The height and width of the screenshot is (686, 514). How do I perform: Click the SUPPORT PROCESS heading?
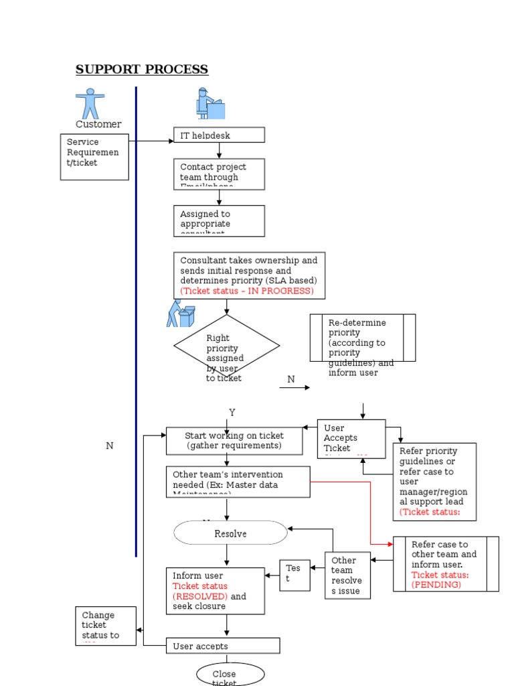(141, 70)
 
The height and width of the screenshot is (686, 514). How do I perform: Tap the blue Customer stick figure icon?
(90, 103)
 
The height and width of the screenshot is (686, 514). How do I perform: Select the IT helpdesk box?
(219, 135)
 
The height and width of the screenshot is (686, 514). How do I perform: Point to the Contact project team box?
(219, 174)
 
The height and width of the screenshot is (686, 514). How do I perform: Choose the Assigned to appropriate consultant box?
(219, 220)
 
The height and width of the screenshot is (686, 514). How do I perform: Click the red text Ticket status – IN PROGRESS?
(246, 291)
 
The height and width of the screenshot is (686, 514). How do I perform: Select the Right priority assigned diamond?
(226, 347)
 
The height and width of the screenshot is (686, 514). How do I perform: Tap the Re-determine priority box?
(362, 338)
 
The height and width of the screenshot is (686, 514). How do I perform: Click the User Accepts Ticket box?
(351, 439)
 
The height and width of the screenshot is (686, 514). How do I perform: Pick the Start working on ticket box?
(234, 441)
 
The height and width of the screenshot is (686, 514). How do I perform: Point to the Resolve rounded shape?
(230, 533)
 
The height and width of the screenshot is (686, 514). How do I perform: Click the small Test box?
(294, 575)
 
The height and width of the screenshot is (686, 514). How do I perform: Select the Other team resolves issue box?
(347, 575)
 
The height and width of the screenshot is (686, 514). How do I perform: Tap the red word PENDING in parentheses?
(436, 584)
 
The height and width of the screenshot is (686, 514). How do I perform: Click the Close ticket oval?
(230, 675)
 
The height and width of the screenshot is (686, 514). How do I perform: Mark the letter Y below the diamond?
(232, 412)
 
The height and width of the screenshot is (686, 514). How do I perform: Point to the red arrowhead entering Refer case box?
(390, 544)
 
